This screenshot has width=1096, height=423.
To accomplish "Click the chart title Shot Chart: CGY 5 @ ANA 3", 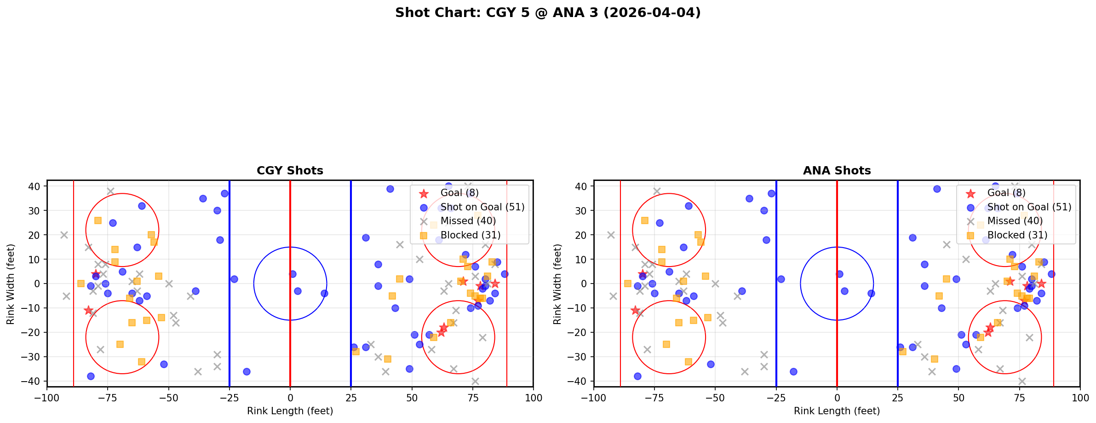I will [548, 12].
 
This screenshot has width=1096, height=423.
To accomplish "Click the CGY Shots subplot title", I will [290, 171].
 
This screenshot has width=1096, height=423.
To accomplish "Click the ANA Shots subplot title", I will [837, 171].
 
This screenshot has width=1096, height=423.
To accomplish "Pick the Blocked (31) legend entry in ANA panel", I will [1017, 235].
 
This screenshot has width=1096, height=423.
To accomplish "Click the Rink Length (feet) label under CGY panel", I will [290, 411].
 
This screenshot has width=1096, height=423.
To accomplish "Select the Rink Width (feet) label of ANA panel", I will [557, 284].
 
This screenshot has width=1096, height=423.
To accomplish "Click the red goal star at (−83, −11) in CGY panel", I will [88, 310].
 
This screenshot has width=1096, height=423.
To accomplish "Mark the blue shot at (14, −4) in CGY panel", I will [324, 293].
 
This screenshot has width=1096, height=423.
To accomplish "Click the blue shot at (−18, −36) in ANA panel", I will [793, 371].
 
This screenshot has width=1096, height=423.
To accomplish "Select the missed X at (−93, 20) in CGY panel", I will [64, 235].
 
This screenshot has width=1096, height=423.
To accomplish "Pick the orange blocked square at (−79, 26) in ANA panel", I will [645, 220].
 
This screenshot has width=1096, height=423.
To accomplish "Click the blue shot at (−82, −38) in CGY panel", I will [91, 376].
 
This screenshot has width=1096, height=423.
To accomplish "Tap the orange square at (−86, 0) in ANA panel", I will [628, 284].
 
